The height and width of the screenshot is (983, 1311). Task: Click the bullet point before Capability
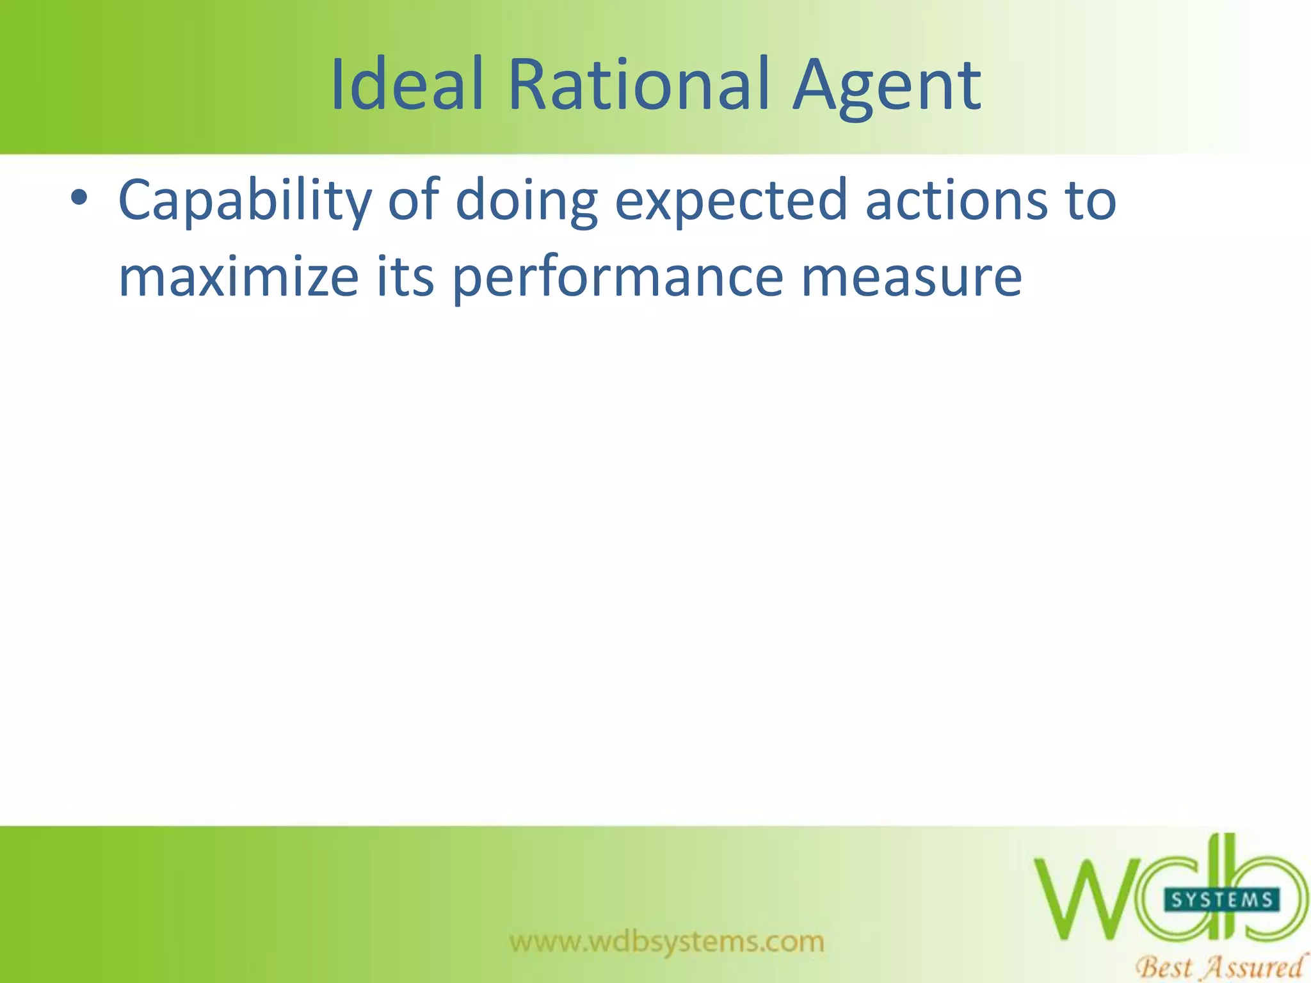coord(79,198)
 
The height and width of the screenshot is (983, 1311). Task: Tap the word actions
coord(956,200)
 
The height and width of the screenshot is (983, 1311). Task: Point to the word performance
coord(618,278)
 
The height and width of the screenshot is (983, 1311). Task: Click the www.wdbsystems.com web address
coord(666,942)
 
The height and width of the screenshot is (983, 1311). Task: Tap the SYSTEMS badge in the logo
coord(1221,900)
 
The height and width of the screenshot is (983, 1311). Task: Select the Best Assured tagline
coord(1219,966)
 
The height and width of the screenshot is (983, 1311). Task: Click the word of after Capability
coord(414,200)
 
